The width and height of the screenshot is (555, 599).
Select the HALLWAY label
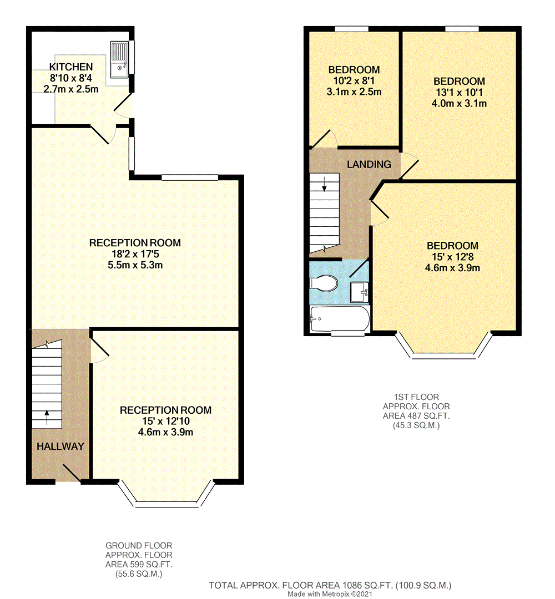pos(60,446)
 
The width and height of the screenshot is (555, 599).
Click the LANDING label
pos(369,164)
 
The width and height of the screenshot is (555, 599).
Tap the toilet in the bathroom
pos(324,283)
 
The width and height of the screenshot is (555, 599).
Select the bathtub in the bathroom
pos(339,319)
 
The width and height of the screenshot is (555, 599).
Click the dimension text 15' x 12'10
pos(165,422)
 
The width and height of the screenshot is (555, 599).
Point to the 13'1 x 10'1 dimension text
pos(459,92)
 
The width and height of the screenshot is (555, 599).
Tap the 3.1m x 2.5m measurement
pos(354,92)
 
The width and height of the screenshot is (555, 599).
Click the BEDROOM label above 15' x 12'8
pos(452,246)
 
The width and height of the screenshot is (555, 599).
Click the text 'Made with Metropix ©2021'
pos(331,594)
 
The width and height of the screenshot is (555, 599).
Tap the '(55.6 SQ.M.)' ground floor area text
pos(139,574)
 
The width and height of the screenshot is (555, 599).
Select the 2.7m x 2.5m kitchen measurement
pos(71,89)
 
